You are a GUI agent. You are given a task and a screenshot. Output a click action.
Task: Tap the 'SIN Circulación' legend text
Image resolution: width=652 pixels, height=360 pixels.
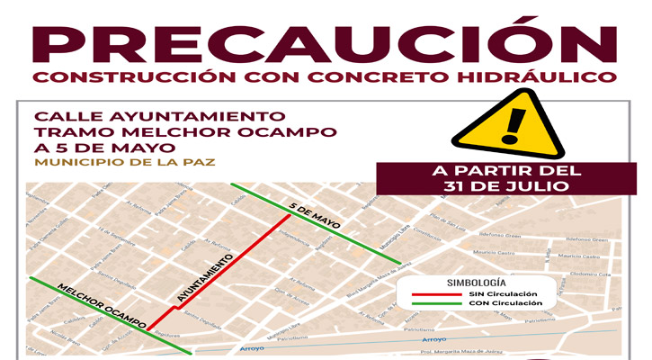[x=503, y=294]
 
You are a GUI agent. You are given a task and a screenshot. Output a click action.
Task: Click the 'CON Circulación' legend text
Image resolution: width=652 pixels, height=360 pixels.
[x=504, y=304]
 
